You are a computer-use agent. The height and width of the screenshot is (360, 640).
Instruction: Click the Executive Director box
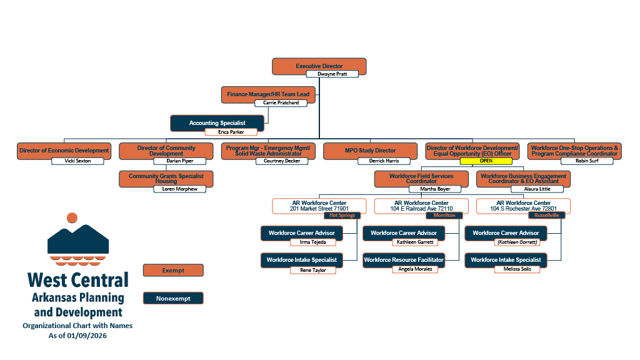(319, 65)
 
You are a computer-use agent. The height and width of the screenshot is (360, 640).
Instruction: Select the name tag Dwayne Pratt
(332, 74)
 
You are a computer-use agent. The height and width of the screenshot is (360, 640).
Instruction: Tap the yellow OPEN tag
(486, 161)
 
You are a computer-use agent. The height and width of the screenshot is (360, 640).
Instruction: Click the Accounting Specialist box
(217, 122)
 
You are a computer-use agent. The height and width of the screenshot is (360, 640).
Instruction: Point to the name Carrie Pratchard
(281, 102)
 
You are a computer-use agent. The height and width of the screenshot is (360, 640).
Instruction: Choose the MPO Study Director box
(370, 150)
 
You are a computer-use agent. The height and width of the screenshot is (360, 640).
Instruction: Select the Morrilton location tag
(444, 215)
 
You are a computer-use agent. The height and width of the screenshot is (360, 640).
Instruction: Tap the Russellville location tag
(546, 215)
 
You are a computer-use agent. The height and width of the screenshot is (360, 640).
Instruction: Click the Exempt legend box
(172, 270)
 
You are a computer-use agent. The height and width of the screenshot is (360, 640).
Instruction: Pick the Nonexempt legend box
(172, 298)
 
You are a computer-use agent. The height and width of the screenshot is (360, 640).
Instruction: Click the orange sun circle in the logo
(72, 218)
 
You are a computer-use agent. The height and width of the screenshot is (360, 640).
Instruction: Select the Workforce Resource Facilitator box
(404, 259)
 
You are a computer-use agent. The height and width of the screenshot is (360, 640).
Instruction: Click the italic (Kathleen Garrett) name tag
(517, 242)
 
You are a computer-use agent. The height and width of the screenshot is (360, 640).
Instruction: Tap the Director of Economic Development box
(64, 150)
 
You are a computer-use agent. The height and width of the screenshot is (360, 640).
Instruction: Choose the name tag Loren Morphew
(179, 189)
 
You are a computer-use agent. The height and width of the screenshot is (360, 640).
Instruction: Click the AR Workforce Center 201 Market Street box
(320, 205)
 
